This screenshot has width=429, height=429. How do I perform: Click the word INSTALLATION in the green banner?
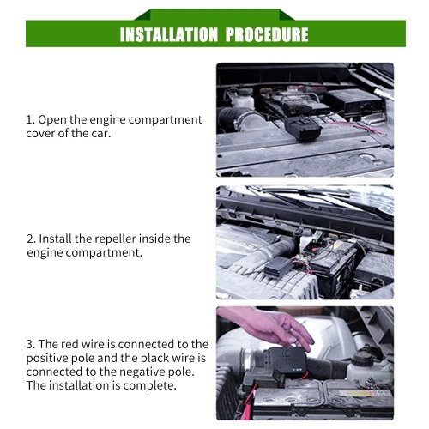[x=169, y=34]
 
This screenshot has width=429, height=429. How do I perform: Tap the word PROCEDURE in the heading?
[x=267, y=34]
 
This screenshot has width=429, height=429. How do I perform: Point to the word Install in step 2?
[x=55, y=239]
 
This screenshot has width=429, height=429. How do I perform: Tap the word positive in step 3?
[x=45, y=359]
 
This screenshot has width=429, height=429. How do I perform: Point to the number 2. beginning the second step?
[x=31, y=239]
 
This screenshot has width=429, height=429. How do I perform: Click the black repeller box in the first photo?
[x=303, y=128]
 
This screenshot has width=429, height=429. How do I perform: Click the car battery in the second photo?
[x=334, y=263]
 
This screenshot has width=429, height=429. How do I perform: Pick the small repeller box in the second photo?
[x=279, y=268]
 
